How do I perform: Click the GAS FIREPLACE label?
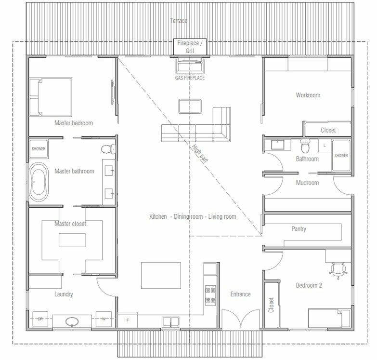pos(190,78)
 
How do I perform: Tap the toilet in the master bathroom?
pos(108,149)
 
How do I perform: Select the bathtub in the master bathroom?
pos(39,182)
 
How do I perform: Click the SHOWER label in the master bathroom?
pos(39,149)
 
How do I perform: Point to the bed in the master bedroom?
pos(51,97)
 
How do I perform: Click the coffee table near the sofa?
pos(190,106)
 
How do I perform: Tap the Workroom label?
pos(308,95)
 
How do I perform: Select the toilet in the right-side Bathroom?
pos(305,146)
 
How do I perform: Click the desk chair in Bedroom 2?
pos(338,270)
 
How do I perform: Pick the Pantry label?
pos(299,229)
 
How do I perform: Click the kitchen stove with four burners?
pos(210,295)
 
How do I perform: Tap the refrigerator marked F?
pos(128,320)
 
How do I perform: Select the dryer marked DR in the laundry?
pos(40,319)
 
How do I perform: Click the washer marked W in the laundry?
pos(104,319)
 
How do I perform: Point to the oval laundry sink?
pos(72,321)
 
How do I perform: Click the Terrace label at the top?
pos(179,21)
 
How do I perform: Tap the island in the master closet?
pos(72,240)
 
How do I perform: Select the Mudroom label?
pos(307,183)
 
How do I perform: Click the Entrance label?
pos(240,294)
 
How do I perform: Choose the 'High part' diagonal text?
pos(199,154)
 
